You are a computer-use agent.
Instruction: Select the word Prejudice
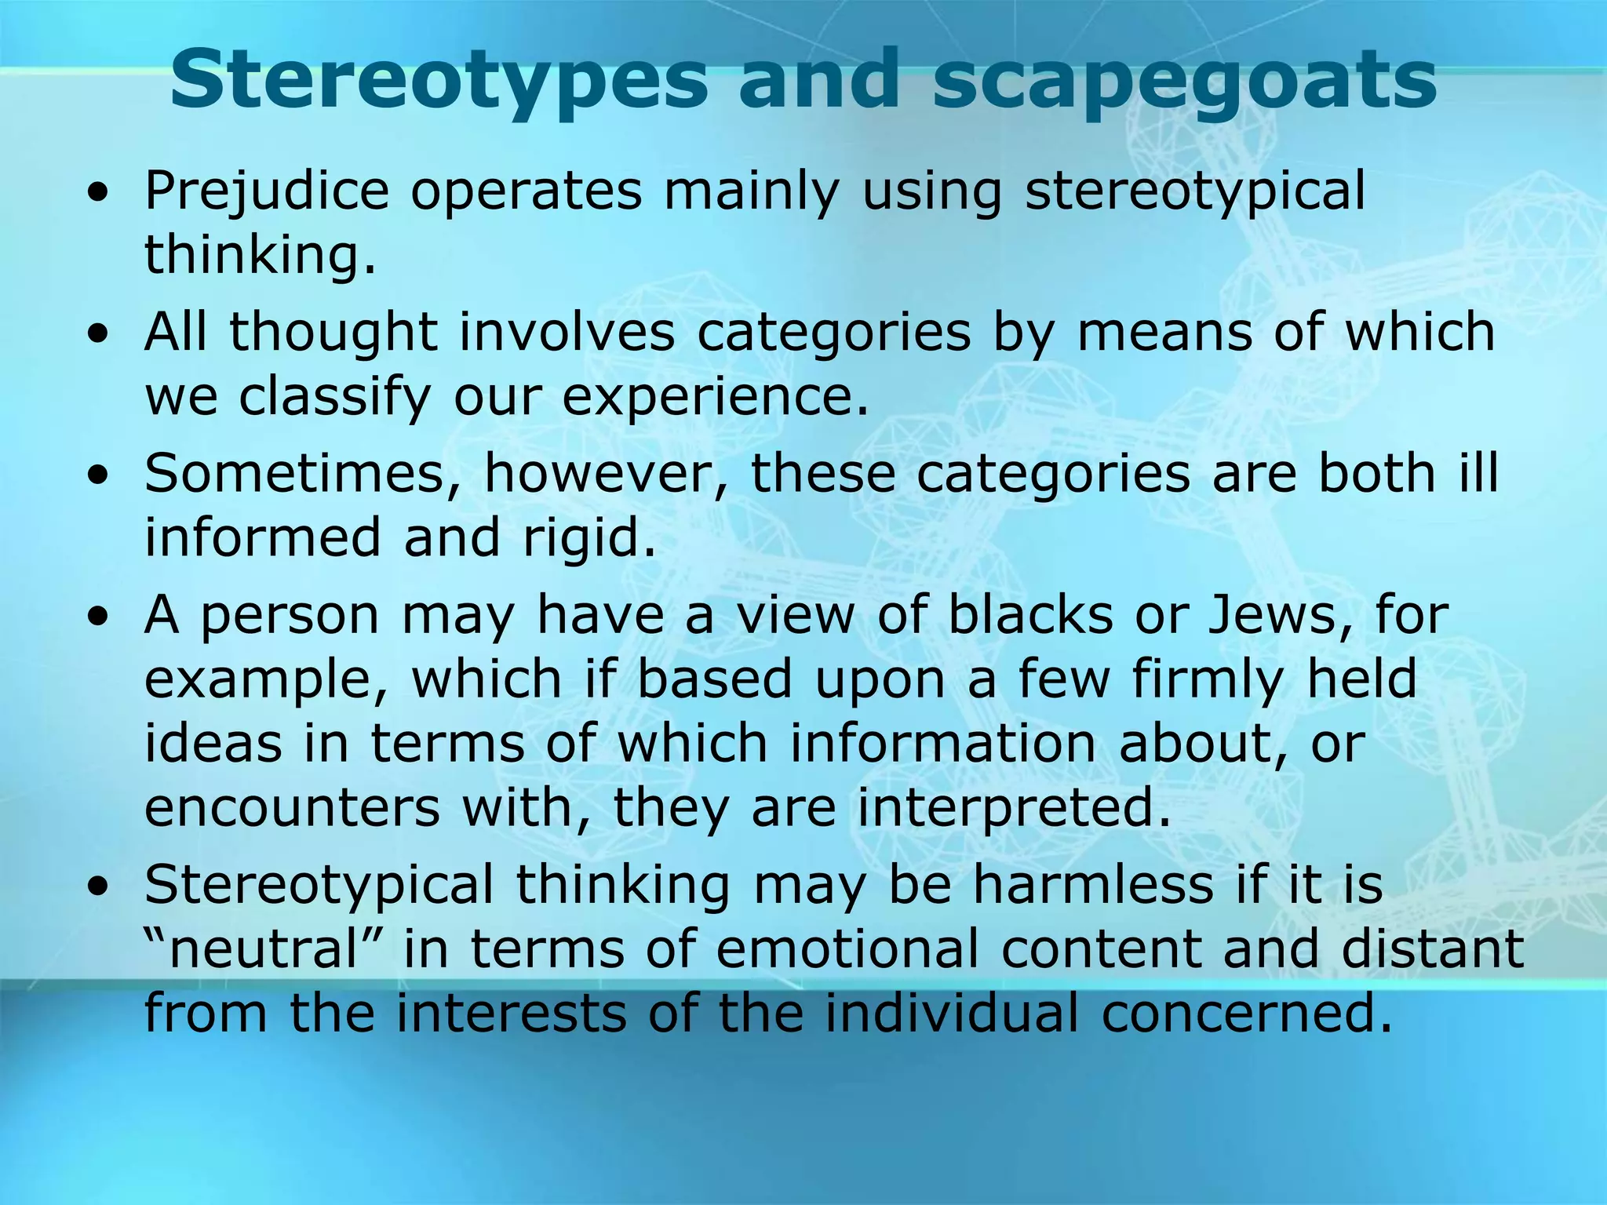click(x=267, y=192)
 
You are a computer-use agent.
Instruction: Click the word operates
click(x=527, y=192)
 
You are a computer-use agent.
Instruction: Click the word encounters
click(x=292, y=808)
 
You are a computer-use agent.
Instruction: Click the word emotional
click(x=847, y=949)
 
